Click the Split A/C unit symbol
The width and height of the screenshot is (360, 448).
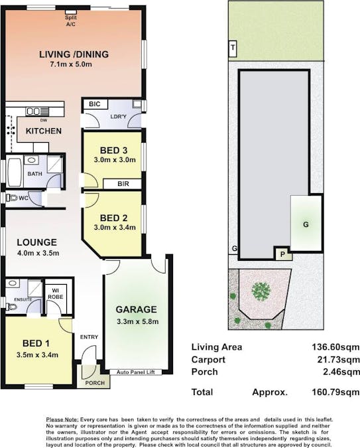71,12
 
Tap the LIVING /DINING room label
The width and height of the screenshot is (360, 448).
74,54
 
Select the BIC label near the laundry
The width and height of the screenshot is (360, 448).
95,104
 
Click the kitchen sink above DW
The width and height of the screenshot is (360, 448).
37,111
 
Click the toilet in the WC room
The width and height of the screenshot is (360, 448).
11,197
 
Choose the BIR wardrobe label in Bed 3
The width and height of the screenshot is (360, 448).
123,184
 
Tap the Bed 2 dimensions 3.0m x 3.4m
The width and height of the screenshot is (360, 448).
115,228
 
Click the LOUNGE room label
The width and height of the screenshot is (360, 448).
37,242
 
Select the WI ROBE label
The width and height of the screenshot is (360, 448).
56,294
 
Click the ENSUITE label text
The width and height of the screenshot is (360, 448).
23,300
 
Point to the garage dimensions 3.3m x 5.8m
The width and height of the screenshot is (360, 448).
138,321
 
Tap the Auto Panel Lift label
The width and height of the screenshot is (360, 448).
136,372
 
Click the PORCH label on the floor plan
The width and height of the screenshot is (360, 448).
95,383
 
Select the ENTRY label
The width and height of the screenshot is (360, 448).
89,337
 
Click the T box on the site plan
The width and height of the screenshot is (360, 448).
233,48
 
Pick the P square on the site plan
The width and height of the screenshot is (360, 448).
282,254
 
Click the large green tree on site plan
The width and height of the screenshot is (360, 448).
261,291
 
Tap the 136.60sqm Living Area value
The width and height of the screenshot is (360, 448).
335,347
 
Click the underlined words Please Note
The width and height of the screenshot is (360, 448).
62,419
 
